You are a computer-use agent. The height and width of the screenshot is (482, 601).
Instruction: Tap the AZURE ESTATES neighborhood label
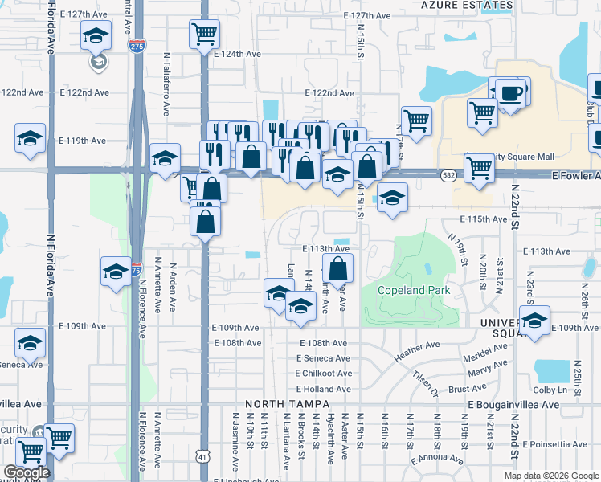(467, 5)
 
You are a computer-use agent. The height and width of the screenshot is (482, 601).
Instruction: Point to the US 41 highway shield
(201, 455)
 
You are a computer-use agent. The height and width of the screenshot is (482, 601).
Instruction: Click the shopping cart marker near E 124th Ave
(205, 34)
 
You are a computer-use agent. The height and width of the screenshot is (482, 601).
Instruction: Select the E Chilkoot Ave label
(323, 374)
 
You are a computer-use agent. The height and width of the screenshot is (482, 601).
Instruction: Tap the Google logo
(26, 472)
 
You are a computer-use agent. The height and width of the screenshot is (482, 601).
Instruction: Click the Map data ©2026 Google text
(551, 476)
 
